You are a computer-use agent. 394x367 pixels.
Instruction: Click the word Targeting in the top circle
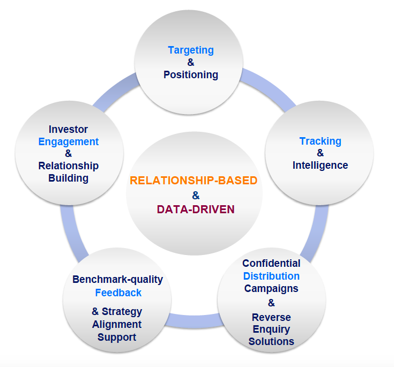190,50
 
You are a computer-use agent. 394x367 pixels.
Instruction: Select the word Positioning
191,75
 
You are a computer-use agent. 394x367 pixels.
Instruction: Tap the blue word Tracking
320,141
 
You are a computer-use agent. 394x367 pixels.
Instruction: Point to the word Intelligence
320,166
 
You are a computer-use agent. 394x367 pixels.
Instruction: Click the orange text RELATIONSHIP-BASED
194,180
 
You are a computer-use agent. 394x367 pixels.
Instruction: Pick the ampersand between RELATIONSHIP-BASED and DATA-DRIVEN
196,195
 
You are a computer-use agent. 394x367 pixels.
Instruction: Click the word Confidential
271,264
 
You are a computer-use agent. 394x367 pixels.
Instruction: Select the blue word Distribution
271,276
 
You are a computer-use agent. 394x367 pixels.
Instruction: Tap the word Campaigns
271,289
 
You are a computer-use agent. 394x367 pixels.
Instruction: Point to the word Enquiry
271,329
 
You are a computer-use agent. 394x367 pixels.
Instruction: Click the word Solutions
271,341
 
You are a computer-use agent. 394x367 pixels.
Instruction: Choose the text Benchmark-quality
117,280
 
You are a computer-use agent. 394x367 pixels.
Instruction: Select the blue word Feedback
118,293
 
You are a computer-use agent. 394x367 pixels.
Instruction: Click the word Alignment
117,324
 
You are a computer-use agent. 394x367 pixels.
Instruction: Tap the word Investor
68,130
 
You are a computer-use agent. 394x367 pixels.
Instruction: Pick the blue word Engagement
69,142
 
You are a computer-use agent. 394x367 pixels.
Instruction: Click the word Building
68,178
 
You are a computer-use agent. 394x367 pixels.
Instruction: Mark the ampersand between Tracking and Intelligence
320,154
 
